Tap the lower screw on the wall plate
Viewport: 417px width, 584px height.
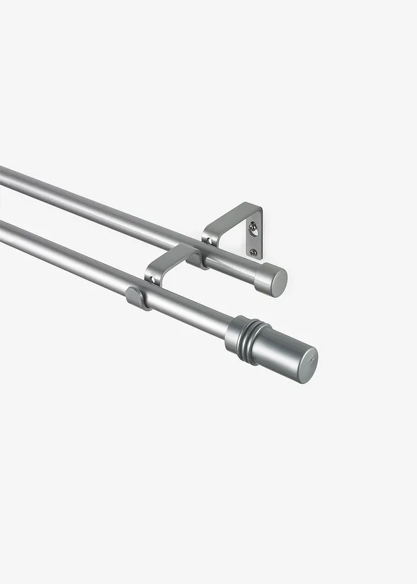(x=253, y=252)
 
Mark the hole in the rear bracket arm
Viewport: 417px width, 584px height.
(x=210, y=241)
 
